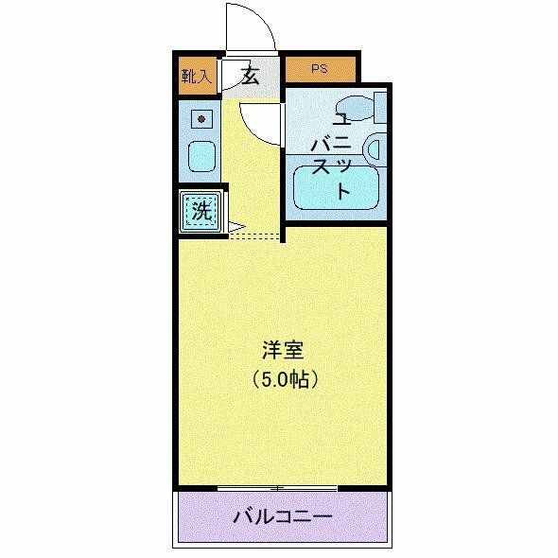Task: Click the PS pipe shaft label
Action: [x=322, y=69]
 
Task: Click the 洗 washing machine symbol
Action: [x=201, y=211]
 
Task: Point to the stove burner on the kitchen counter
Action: [x=201, y=120]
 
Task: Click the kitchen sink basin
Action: [x=201, y=156]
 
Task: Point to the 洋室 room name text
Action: [x=283, y=350]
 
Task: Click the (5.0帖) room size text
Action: [x=283, y=379]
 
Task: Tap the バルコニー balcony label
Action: [x=282, y=517]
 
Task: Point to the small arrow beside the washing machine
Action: [x=235, y=227]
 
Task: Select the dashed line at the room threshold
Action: [x=255, y=235]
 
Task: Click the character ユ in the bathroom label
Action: [x=341, y=119]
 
